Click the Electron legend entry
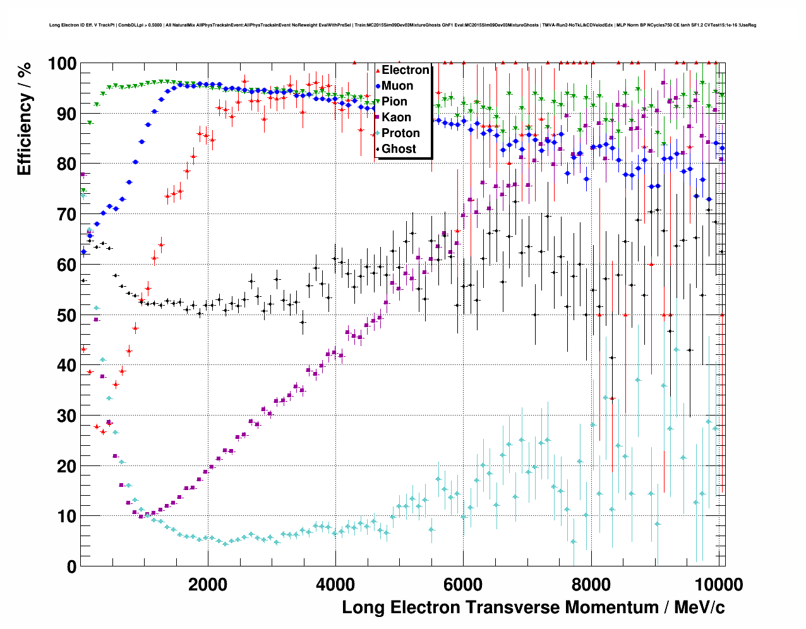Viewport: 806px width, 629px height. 405,70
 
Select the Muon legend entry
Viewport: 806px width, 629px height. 397,86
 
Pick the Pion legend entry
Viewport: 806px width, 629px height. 394,102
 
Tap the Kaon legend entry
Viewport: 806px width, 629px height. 396,117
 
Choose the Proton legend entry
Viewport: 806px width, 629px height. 400,133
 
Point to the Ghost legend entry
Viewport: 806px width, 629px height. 399,149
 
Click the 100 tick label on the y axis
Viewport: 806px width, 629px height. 63,64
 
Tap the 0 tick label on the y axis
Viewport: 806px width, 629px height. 71,566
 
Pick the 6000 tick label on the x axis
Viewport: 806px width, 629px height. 463,584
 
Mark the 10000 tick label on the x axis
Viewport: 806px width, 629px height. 718,584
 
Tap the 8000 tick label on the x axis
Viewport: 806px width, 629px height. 591,584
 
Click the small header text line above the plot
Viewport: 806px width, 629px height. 402,25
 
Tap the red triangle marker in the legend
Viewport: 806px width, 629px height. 378,71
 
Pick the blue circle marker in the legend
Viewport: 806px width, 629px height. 378,87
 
